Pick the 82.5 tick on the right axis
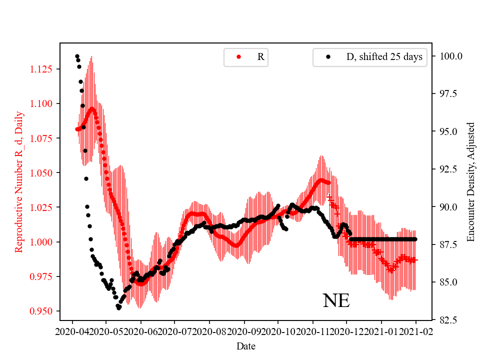[x=446, y=320]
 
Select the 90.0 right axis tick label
[x=446, y=207]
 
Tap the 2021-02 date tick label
[x=415, y=331]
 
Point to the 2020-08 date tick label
[x=209, y=331]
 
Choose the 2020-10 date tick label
[x=278, y=331]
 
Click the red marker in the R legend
[x=238, y=57]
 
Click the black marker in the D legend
[x=328, y=57]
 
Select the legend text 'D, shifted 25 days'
[x=384, y=57]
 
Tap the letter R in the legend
[x=260, y=57]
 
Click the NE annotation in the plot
[x=336, y=300]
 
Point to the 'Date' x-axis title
[x=246, y=345]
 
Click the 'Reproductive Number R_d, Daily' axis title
[x=19, y=181]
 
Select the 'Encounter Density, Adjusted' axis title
[x=470, y=181]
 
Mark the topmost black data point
[x=77, y=56]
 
